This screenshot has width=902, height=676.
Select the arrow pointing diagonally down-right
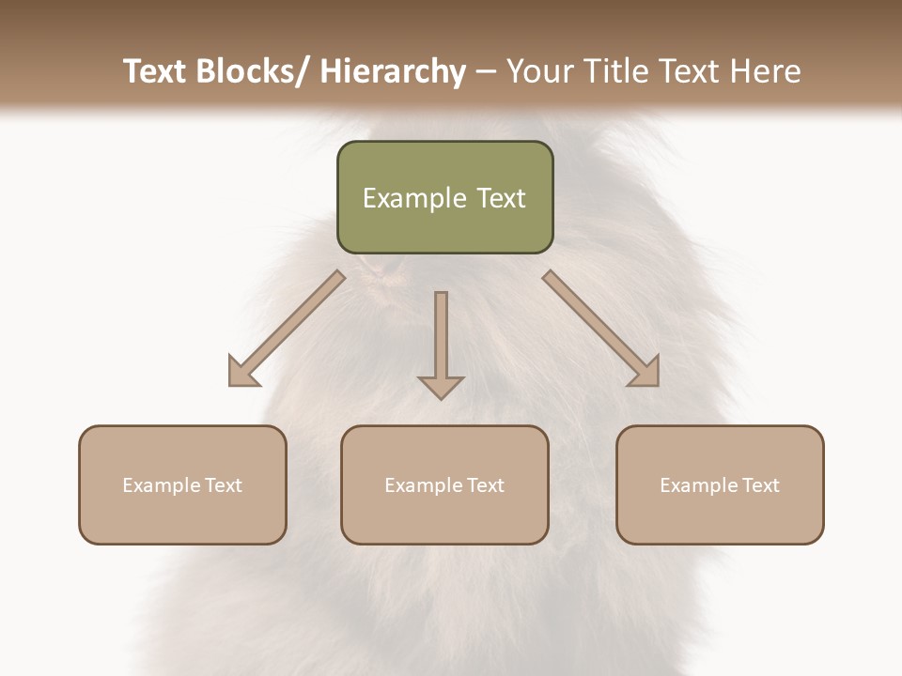click(601, 329)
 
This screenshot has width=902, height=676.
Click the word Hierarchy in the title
click(393, 71)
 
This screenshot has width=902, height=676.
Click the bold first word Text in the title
click(155, 71)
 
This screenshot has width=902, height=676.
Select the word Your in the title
click(539, 71)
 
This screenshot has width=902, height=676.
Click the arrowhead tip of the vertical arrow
click(441, 397)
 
